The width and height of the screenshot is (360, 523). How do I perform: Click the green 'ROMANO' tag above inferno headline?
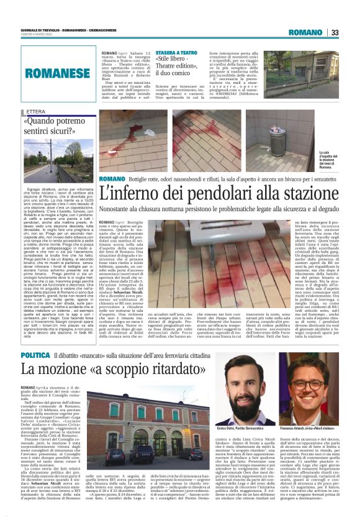coord(112,178)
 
